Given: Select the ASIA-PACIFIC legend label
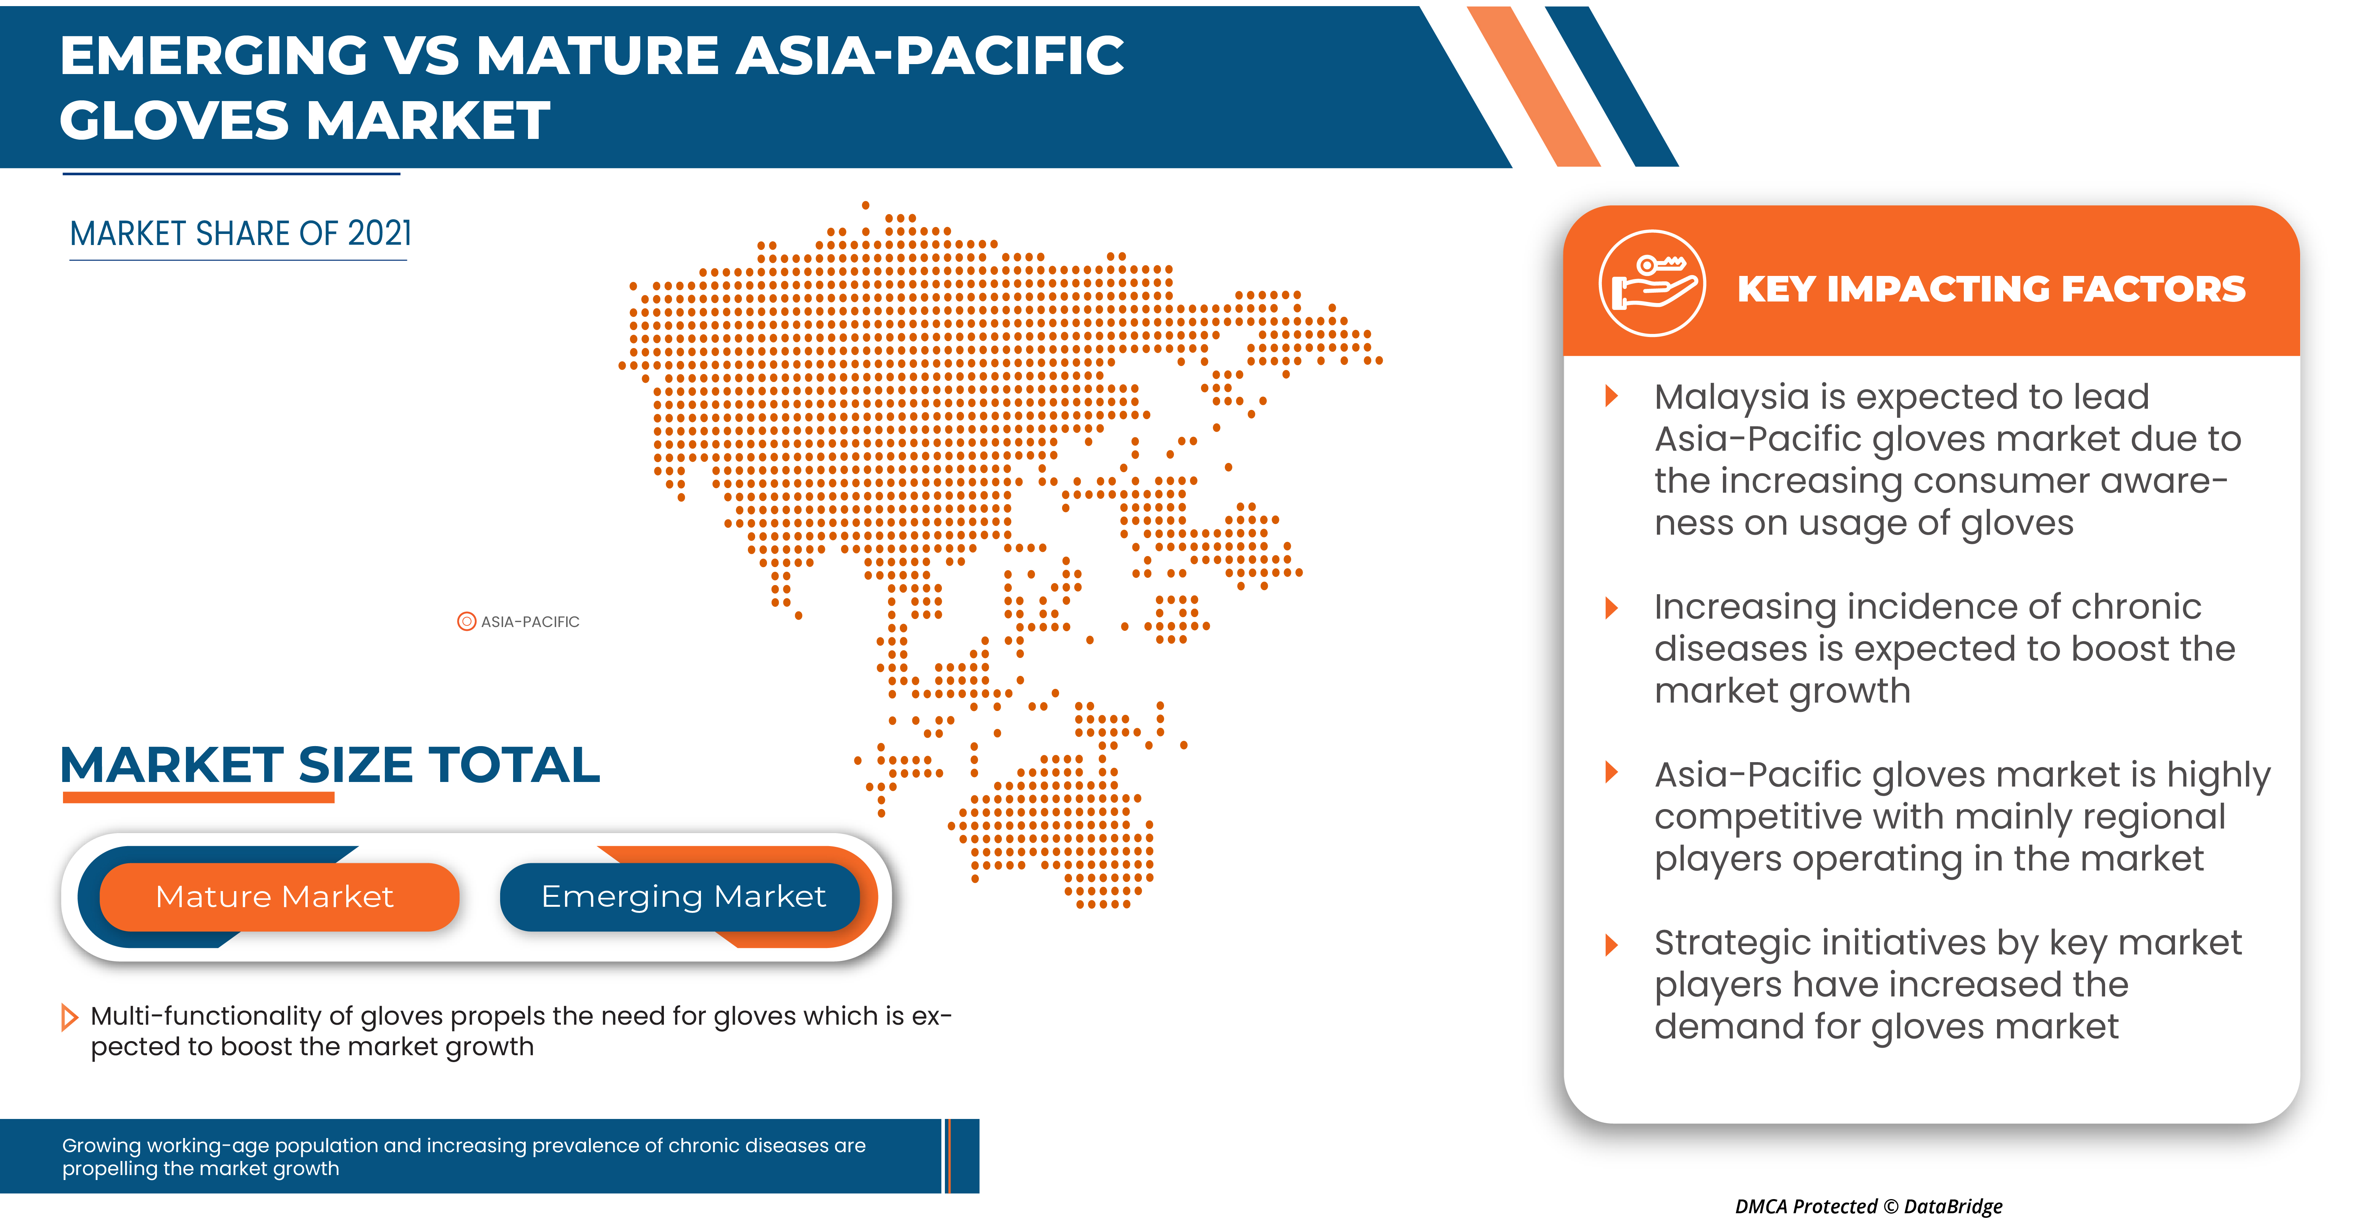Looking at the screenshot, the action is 530,622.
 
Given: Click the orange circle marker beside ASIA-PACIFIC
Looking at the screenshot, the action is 467,621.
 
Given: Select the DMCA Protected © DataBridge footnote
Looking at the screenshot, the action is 1868,1206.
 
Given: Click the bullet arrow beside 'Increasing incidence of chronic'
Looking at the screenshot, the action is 1611,607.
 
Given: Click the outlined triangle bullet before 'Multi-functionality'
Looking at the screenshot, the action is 69,1017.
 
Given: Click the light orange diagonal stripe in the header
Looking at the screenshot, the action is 1533,87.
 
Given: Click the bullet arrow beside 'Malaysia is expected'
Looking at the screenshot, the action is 1611,396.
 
